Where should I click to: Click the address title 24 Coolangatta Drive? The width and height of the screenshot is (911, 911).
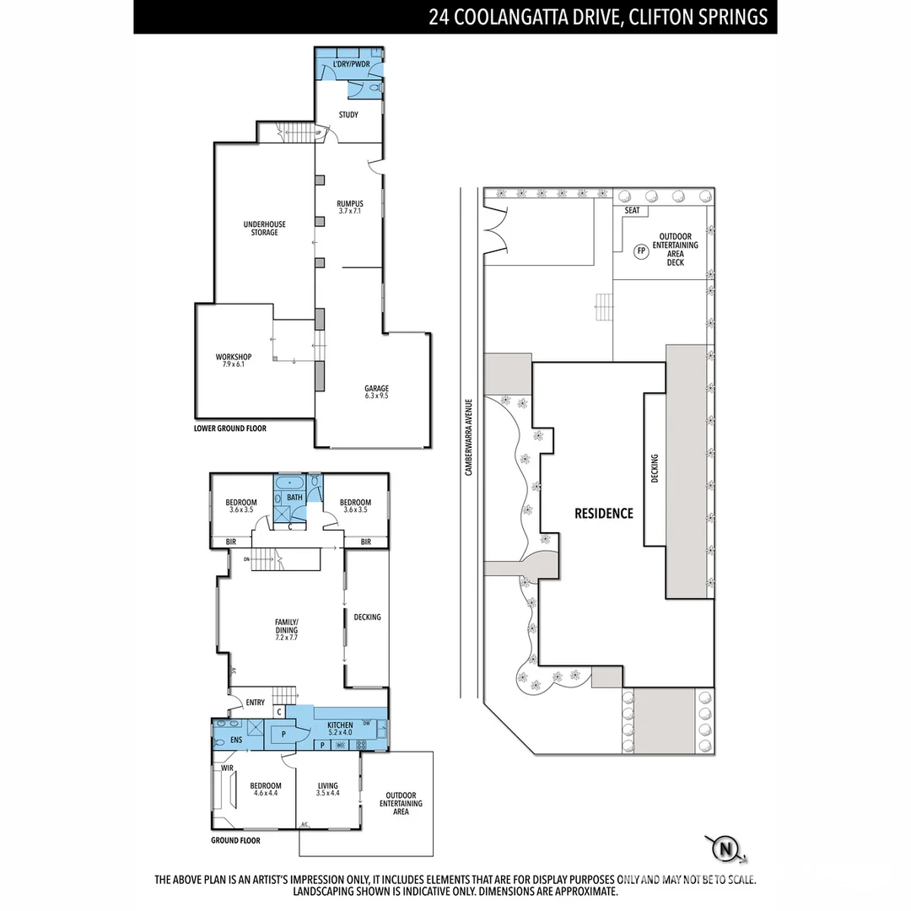point(598,17)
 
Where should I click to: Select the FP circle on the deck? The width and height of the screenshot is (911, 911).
point(641,251)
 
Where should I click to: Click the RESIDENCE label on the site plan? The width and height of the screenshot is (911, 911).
point(603,513)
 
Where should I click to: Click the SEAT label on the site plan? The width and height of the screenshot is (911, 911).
point(633,211)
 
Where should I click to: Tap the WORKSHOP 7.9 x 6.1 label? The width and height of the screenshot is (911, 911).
point(234,361)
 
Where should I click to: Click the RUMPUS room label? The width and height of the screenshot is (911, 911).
point(349,208)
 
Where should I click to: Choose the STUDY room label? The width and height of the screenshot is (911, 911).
point(348,115)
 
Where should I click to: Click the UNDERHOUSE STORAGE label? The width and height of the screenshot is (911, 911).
point(264,229)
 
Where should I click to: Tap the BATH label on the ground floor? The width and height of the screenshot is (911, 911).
point(294,498)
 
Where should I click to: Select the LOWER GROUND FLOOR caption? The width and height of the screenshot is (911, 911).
point(230,429)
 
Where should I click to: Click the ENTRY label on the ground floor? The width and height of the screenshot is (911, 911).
point(255,703)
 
